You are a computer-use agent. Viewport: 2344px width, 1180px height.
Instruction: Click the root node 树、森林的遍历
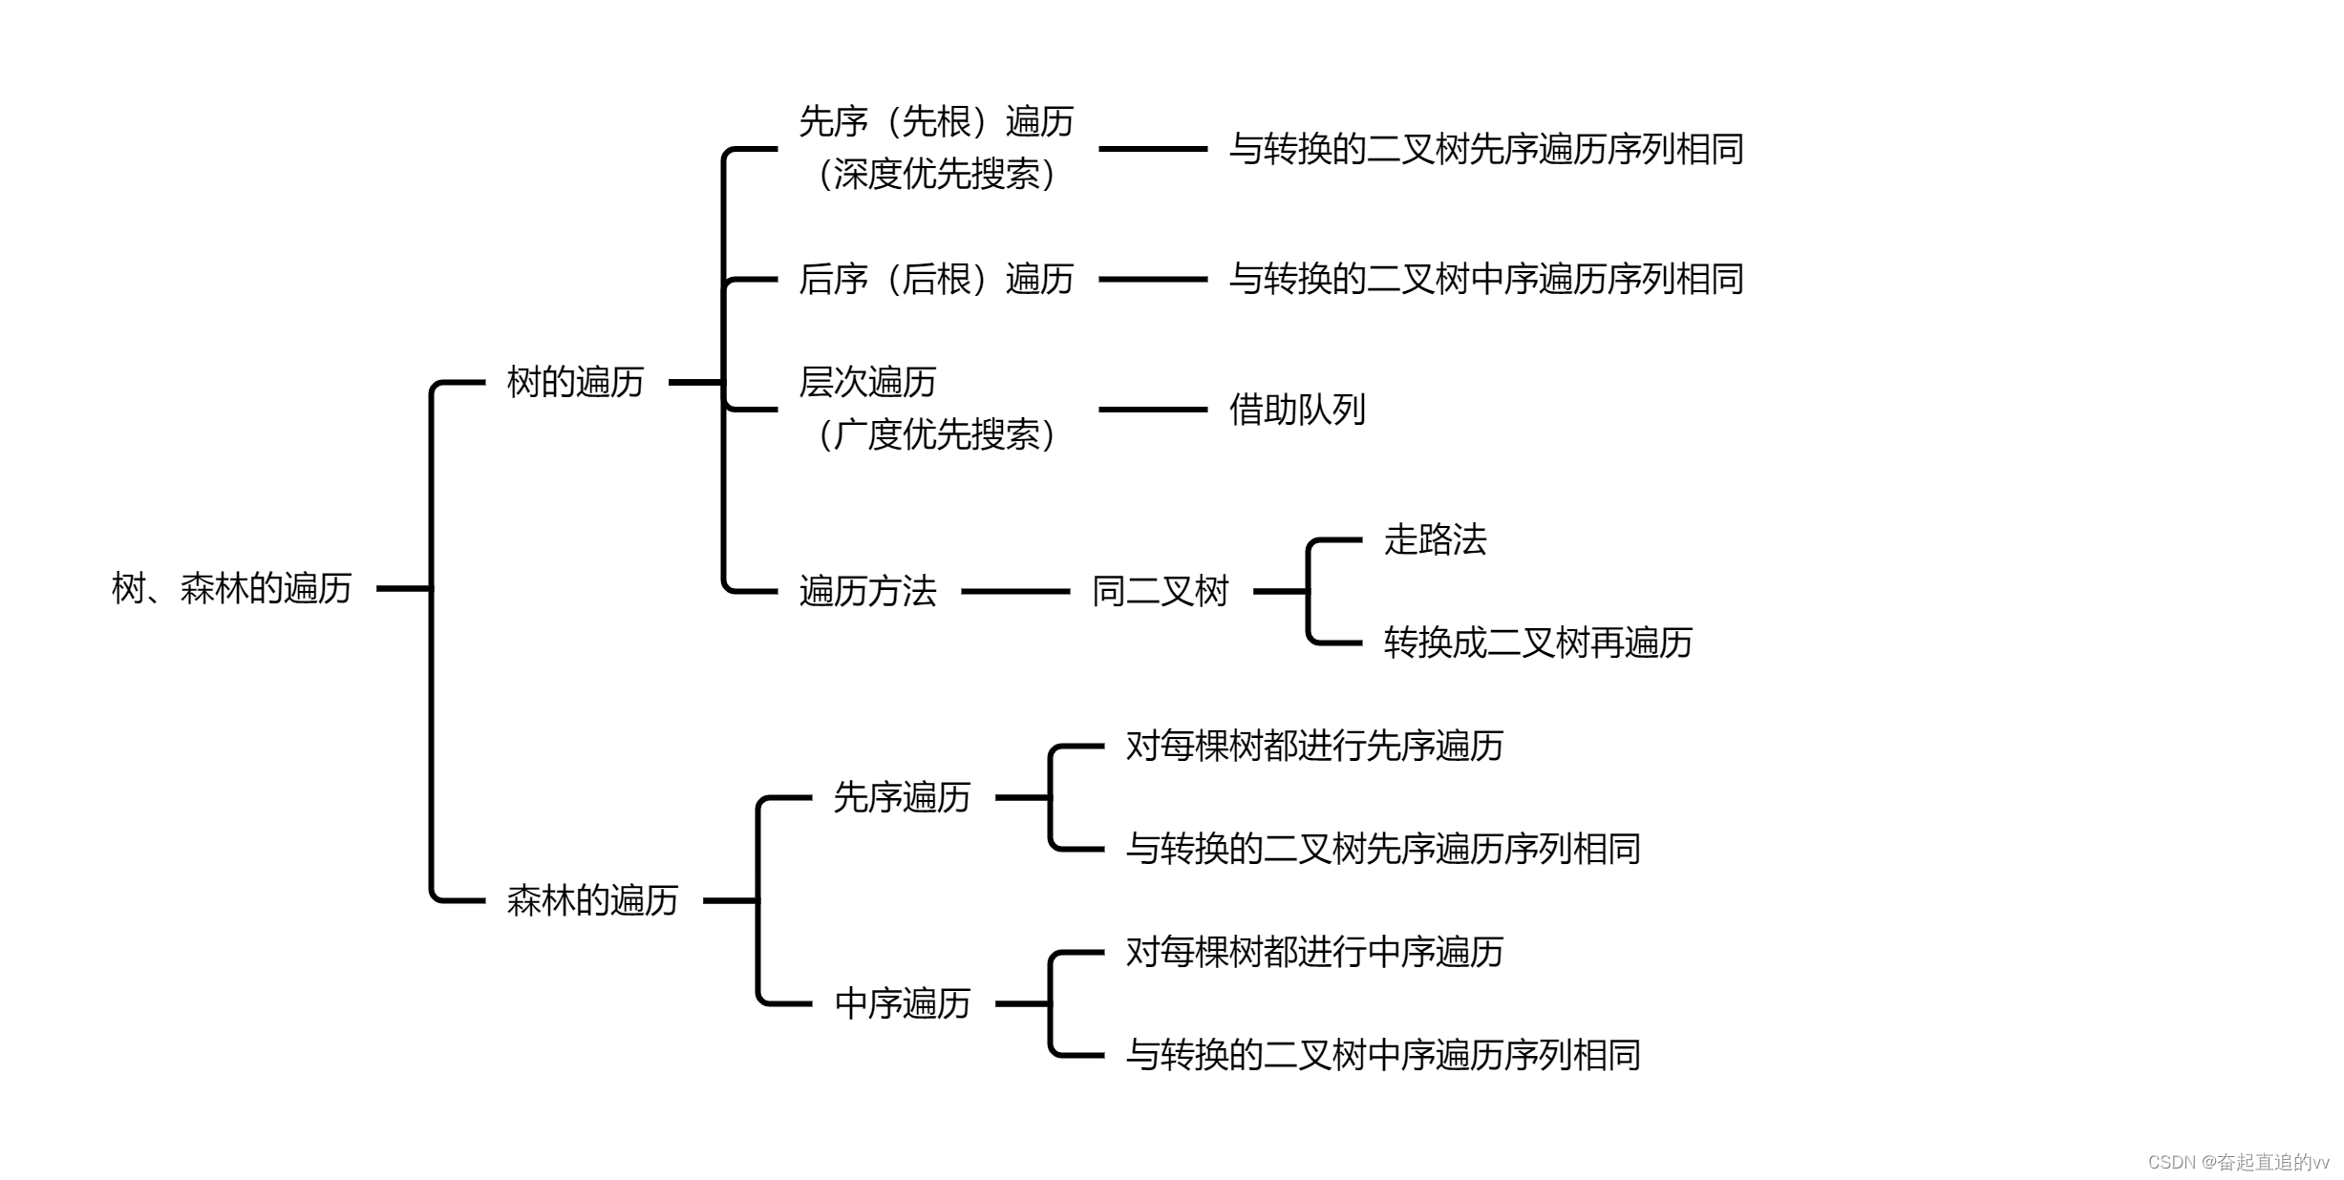(x=231, y=588)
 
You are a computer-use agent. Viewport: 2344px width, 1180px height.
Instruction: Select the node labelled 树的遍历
(x=575, y=382)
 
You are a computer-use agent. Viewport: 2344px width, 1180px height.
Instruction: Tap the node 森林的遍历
(x=592, y=900)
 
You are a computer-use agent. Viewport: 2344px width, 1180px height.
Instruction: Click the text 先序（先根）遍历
(x=936, y=122)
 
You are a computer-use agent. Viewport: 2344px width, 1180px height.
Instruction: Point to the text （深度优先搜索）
(x=936, y=174)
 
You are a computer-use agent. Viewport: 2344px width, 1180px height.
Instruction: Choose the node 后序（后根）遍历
(x=936, y=279)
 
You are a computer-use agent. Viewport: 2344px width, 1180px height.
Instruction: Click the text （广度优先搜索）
(x=936, y=434)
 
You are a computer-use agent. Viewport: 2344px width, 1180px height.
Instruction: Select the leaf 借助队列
(x=1297, y=410)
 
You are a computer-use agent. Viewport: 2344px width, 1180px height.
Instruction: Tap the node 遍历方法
(x=867, y=591)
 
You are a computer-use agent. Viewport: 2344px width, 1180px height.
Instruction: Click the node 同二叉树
(x=1160, y=591)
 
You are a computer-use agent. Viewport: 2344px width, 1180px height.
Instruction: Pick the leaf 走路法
(x=1435, y=539)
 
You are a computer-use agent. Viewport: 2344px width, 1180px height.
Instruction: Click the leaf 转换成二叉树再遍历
(x=1538, y=643)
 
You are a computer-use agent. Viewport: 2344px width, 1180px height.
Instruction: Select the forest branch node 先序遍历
(x=902, y=797)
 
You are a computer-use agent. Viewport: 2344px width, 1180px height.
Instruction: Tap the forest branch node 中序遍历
(x=902, y=1003)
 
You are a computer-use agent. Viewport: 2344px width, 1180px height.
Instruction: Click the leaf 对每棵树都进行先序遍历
(x=1314, y=746)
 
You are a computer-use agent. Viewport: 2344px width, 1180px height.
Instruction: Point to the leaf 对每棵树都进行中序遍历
(x=1314, y=952)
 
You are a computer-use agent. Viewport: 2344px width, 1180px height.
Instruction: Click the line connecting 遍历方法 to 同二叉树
(x=1014, y=591)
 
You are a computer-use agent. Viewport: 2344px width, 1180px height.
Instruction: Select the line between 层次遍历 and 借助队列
(x=1153, y=410)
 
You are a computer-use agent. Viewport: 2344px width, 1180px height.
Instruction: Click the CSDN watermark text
(x=2237, y=1162)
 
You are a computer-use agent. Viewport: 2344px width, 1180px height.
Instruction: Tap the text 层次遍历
(x=867, y=382)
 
